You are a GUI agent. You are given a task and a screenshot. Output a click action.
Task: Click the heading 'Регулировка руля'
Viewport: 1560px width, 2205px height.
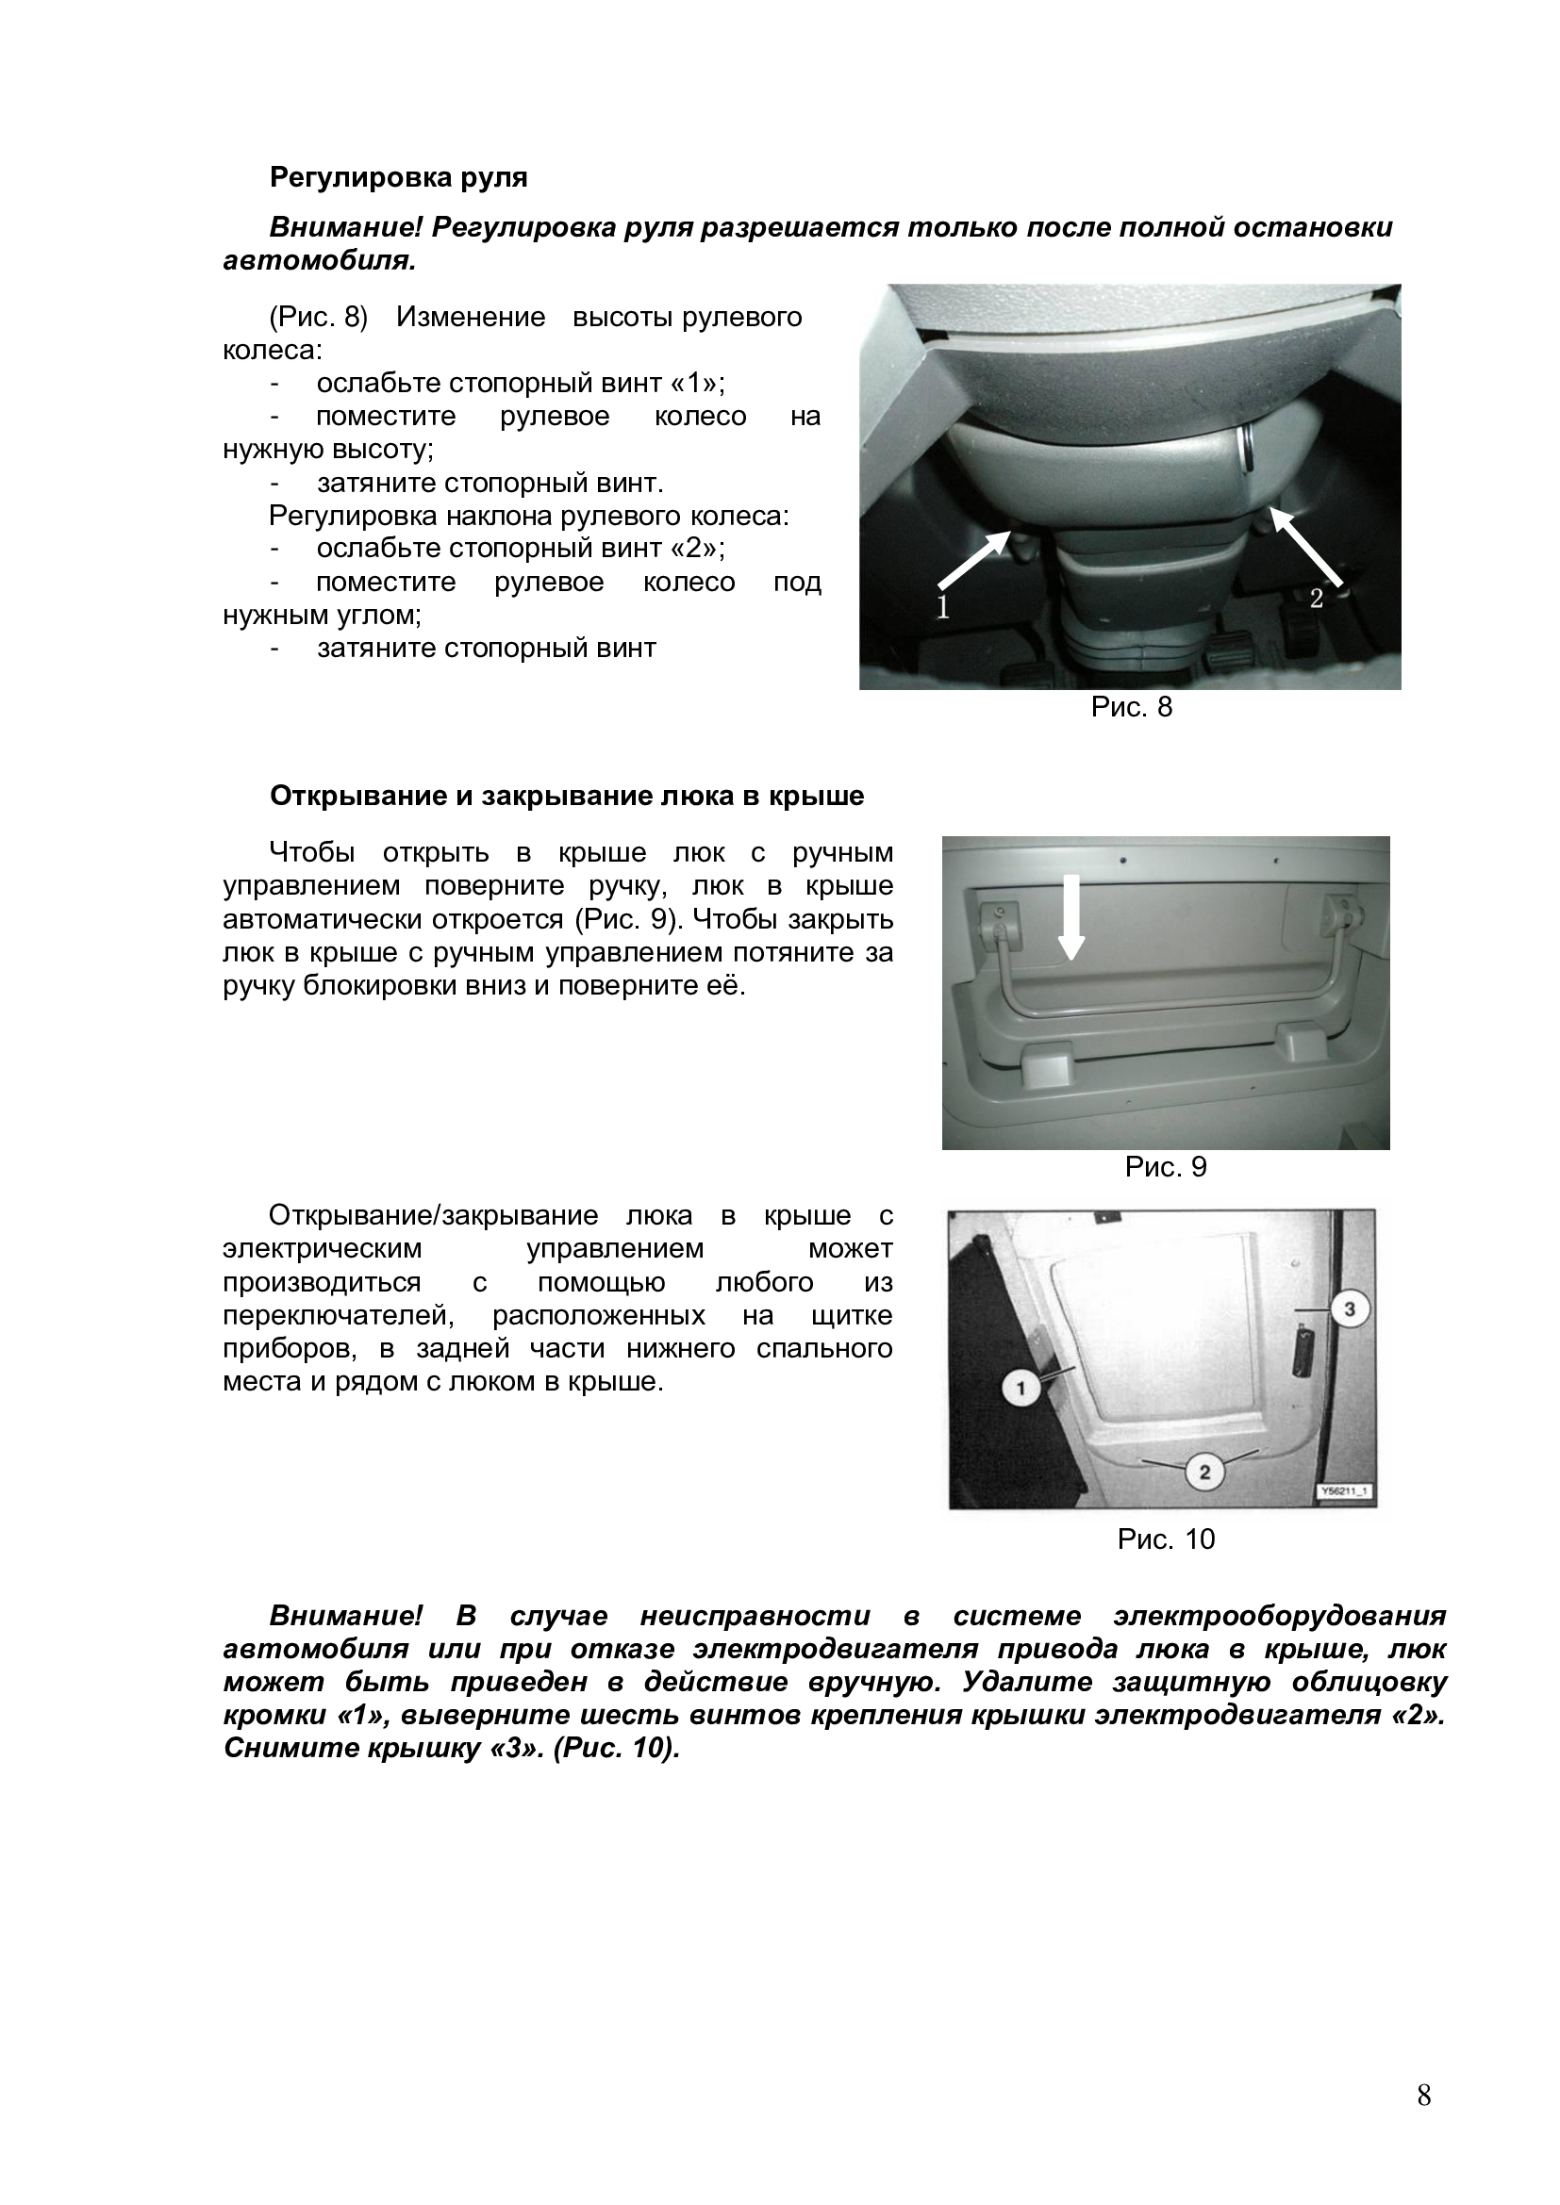click(x=398, y=177)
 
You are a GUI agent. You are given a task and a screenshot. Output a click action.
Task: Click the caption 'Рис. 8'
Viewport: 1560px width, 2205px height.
click(x=1131, y=708)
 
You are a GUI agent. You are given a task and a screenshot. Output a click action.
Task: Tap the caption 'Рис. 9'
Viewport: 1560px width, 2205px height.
click(x=1165, y=1167)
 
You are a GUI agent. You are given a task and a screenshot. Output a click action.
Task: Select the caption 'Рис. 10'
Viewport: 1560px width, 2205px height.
click(x=1165, y=1539)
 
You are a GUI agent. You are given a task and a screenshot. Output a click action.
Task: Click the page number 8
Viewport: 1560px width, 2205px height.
click(x=1423, y=2096)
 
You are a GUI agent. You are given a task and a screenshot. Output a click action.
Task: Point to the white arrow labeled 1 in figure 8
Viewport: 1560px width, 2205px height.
click(x=972, y=562)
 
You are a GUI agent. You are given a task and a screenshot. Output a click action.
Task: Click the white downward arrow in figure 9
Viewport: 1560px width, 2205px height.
click(x=1073, y=916)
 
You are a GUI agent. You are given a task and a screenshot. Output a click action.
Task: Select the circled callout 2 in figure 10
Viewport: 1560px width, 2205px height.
click(x=1204, y=1472)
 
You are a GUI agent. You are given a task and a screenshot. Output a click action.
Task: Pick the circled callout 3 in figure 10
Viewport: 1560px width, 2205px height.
click(x=1349, y=1309)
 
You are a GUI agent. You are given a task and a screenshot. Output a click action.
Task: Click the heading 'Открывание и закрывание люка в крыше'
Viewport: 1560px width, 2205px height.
click(x=567, y=797)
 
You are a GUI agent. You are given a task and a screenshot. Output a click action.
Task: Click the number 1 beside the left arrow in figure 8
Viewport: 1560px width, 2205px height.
click(x=942, y=608)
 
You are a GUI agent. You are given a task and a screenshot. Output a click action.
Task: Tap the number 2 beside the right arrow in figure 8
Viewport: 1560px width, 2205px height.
click(x=1316, y=599)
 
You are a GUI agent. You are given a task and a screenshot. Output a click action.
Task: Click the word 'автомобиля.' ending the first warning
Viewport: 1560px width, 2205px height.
click(x=320, y=261)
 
